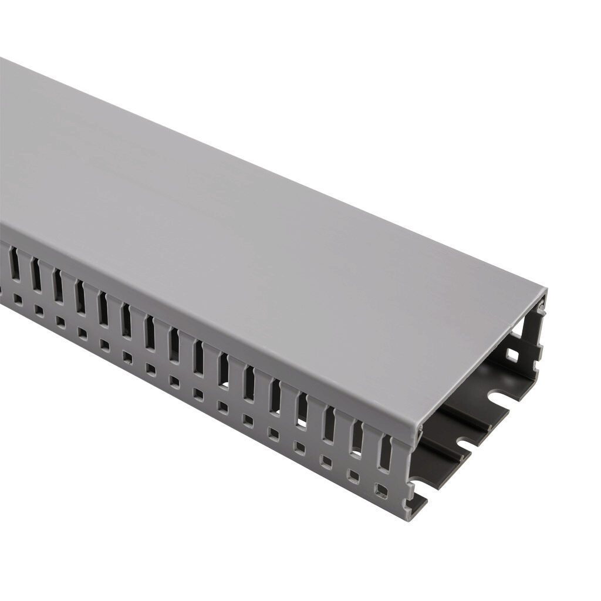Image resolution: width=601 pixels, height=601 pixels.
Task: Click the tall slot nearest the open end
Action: pyautogui.click(x=385, y=453)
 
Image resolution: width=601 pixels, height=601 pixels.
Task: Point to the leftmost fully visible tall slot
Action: pyautogui.click(x=13, y=264)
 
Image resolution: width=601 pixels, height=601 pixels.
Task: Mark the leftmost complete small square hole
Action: pyautogui.click(x=18, y=299)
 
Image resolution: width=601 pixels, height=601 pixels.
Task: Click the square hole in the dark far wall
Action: pyautogui.click(x=512, y=354)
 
